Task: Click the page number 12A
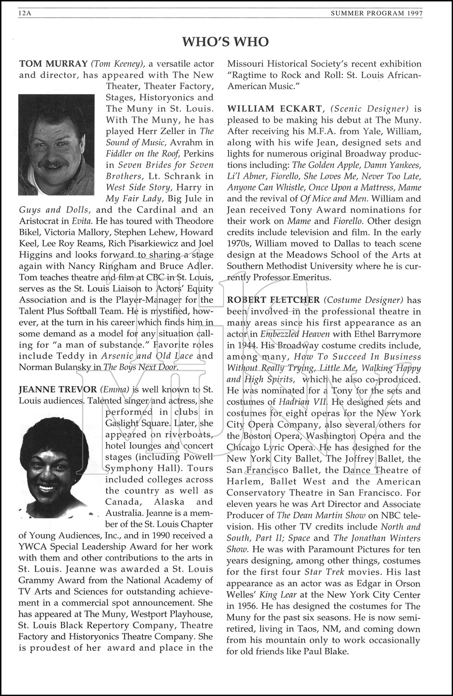pos(24,13)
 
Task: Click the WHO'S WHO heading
pos(225,42)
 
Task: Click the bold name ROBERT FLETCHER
pos(274,300)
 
